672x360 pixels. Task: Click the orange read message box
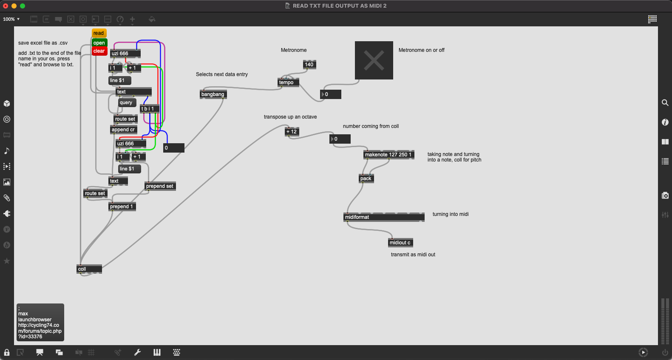click(x=99, y=33)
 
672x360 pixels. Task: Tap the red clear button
click(x=99, y=51)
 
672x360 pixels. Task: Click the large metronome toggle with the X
click(x=374, y=60)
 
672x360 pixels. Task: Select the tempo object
click(x=288, y=82)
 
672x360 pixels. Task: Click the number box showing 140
click(x=309, y=65)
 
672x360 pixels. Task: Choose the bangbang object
click(x=213, y=94)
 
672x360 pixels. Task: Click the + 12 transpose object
click(x=292, y=132)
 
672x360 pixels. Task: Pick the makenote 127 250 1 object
click(x=389, y=155)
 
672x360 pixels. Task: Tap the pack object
click(x=366, y=179)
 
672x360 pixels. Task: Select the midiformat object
click(x=384, y=217)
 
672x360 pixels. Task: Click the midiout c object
click(x=400, y=243)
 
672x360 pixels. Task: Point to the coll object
click(x=89, y=269)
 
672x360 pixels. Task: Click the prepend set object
click(x=160, y=186)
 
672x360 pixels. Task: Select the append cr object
click(x=124, y=130)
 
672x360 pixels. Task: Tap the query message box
click(x=127, y=102)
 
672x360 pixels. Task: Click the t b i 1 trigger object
click(x=149, y=109)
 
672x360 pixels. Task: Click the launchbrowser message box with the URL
click(x=40, y=322)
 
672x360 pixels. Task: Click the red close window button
click(x=6, y=6)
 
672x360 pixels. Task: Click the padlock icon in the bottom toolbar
click(x=7, y=352)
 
